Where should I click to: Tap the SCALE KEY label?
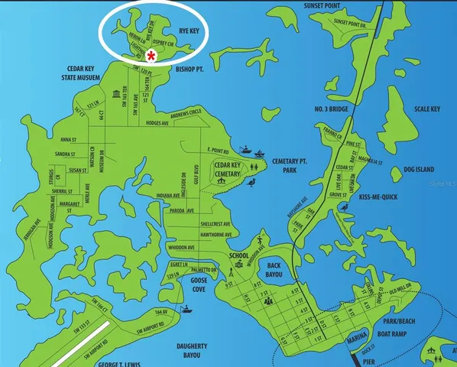tap(427, 109)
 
